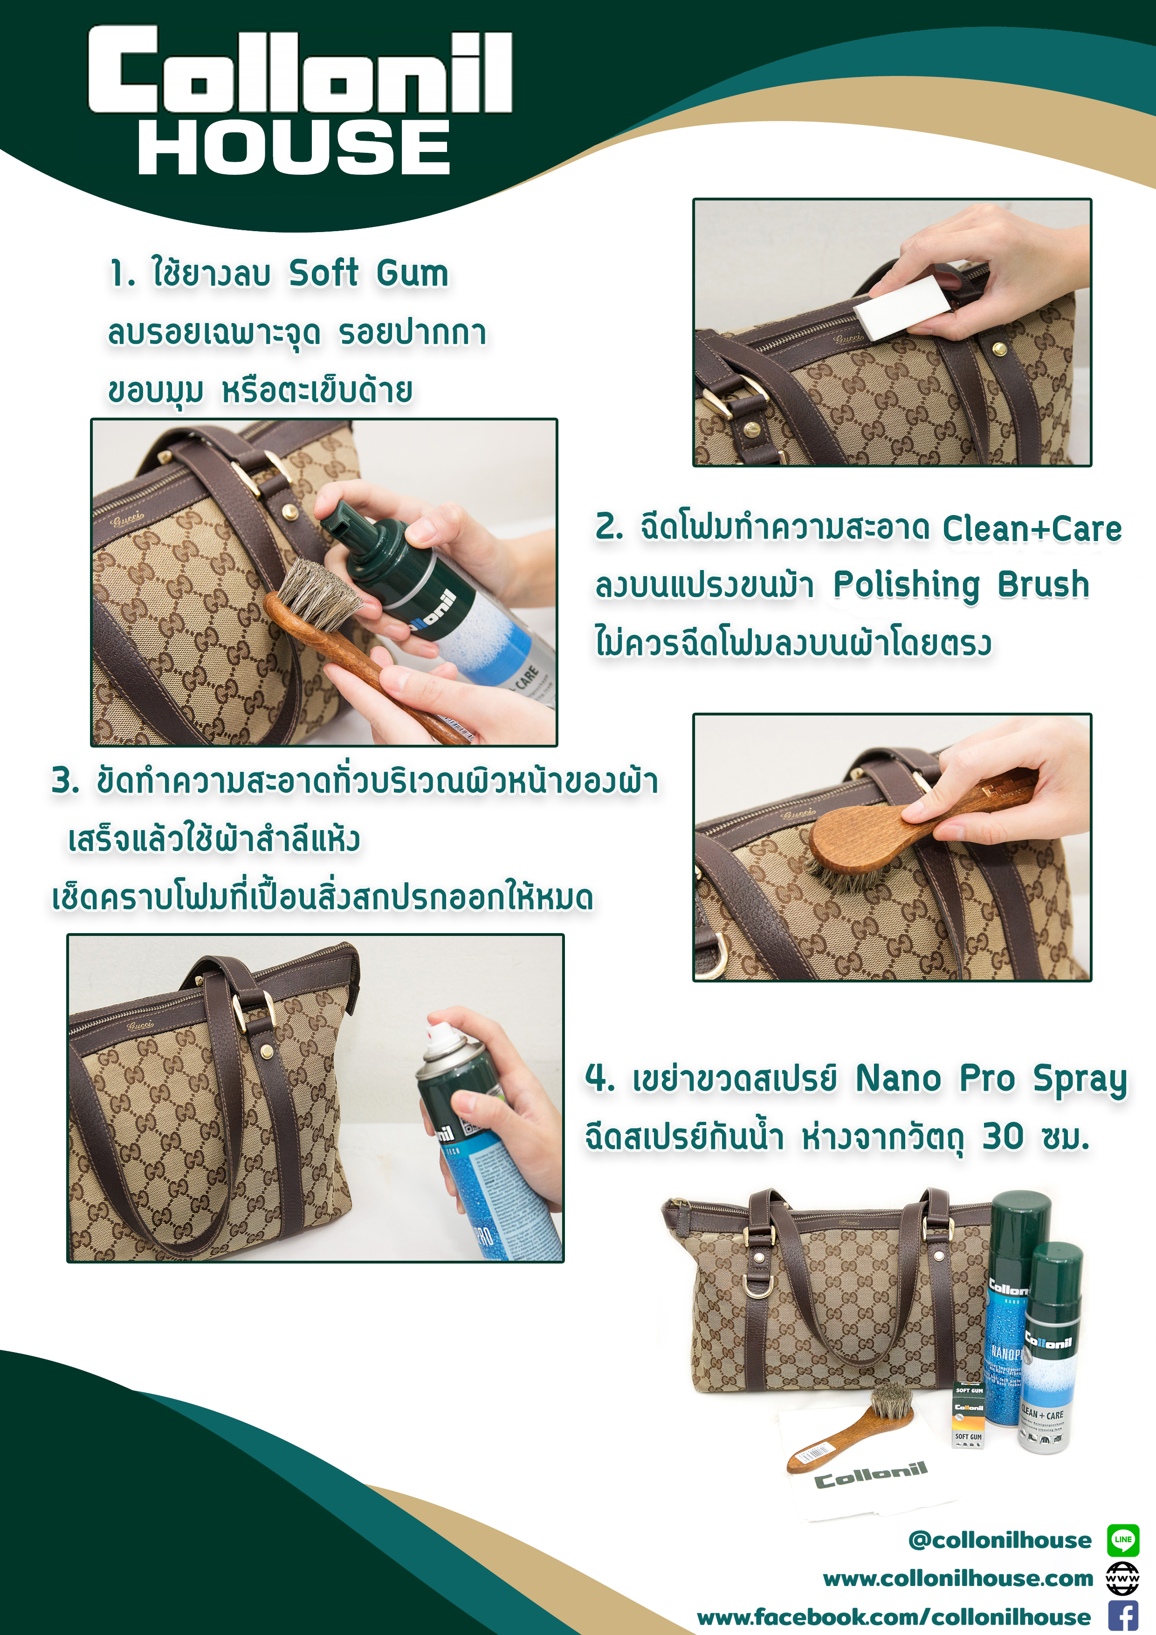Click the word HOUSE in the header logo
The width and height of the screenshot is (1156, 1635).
[294, 147]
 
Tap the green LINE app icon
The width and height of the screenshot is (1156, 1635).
[1123, 1539]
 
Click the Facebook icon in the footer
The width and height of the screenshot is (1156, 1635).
[1123, 1616]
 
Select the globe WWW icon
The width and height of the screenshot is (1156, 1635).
[1123, 1578]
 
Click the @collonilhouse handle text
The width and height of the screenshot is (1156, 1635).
[1000, 1540]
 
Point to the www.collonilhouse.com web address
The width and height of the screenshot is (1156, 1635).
[958, 1579]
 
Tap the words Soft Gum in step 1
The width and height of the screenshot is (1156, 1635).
[368, 274]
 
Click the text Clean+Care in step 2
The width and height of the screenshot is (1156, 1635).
[1032, 529]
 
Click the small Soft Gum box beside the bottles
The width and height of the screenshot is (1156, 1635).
[969, 1415]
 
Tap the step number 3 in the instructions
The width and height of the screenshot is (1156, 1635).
[65, 781]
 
